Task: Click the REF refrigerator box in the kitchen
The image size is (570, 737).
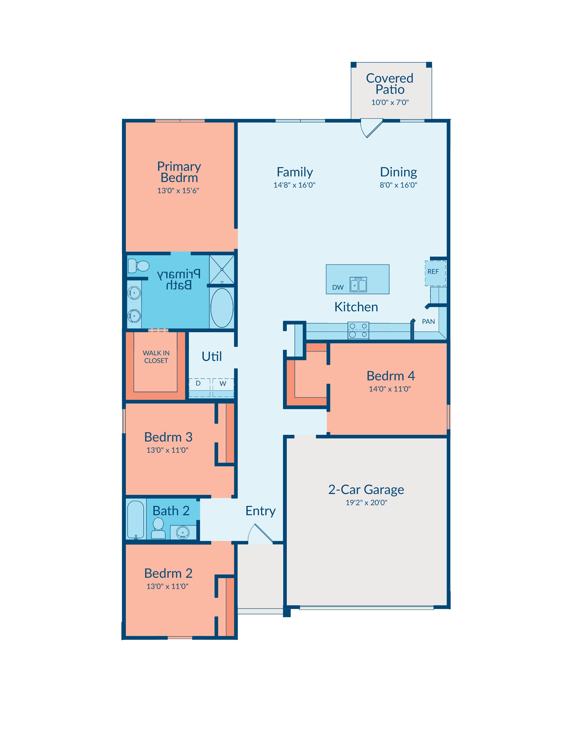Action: coord(435,273)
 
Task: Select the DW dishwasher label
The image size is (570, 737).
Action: coord(338,287)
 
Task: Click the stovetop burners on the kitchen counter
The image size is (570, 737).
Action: coord(358,330)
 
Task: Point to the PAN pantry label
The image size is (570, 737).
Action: coord(428,322)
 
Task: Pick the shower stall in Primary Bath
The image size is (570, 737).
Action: coord(222,270)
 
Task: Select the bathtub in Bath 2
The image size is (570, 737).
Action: coord(136,520)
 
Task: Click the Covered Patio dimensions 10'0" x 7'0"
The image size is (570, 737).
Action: coord(390,102)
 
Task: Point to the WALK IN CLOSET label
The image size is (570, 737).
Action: coord(156,357)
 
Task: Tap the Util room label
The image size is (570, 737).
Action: coord(212,356)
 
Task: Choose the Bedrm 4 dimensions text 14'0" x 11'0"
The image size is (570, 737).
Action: coord(390,389)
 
